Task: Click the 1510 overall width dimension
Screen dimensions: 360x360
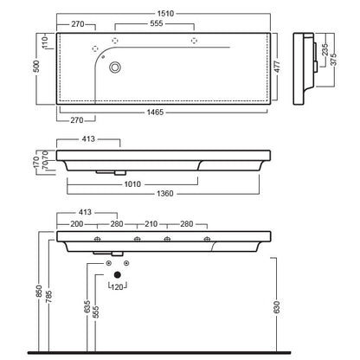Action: coord(165,14)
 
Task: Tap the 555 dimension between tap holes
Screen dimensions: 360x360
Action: coord(157,23)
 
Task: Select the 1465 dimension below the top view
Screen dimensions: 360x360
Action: coord(155,112)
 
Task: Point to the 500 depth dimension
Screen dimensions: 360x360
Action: coord(37,67)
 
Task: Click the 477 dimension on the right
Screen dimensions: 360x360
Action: coord(277,67)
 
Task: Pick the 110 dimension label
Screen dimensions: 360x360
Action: coord(45,42)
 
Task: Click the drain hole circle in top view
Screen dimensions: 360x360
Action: coord(115,67)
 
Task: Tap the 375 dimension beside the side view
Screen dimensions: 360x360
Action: coord(334,59)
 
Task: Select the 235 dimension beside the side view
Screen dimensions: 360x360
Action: coord(325,49)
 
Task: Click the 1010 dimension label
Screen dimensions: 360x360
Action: coord(132,184)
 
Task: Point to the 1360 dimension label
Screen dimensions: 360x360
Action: coord(165,194)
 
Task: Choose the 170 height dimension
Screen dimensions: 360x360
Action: coord(36,163)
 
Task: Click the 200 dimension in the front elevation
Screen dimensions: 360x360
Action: coord(77,224)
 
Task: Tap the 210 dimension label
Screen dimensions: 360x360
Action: coord(151,224)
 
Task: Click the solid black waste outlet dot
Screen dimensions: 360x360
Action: coord(117,274)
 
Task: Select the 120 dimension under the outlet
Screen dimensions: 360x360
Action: coord(117,287)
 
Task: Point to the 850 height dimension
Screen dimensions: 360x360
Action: coord(40,292)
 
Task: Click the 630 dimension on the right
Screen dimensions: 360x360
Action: coord(276,307)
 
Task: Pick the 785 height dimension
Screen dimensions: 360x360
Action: coord(48,297)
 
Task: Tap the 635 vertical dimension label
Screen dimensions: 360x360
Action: coord(87,306)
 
